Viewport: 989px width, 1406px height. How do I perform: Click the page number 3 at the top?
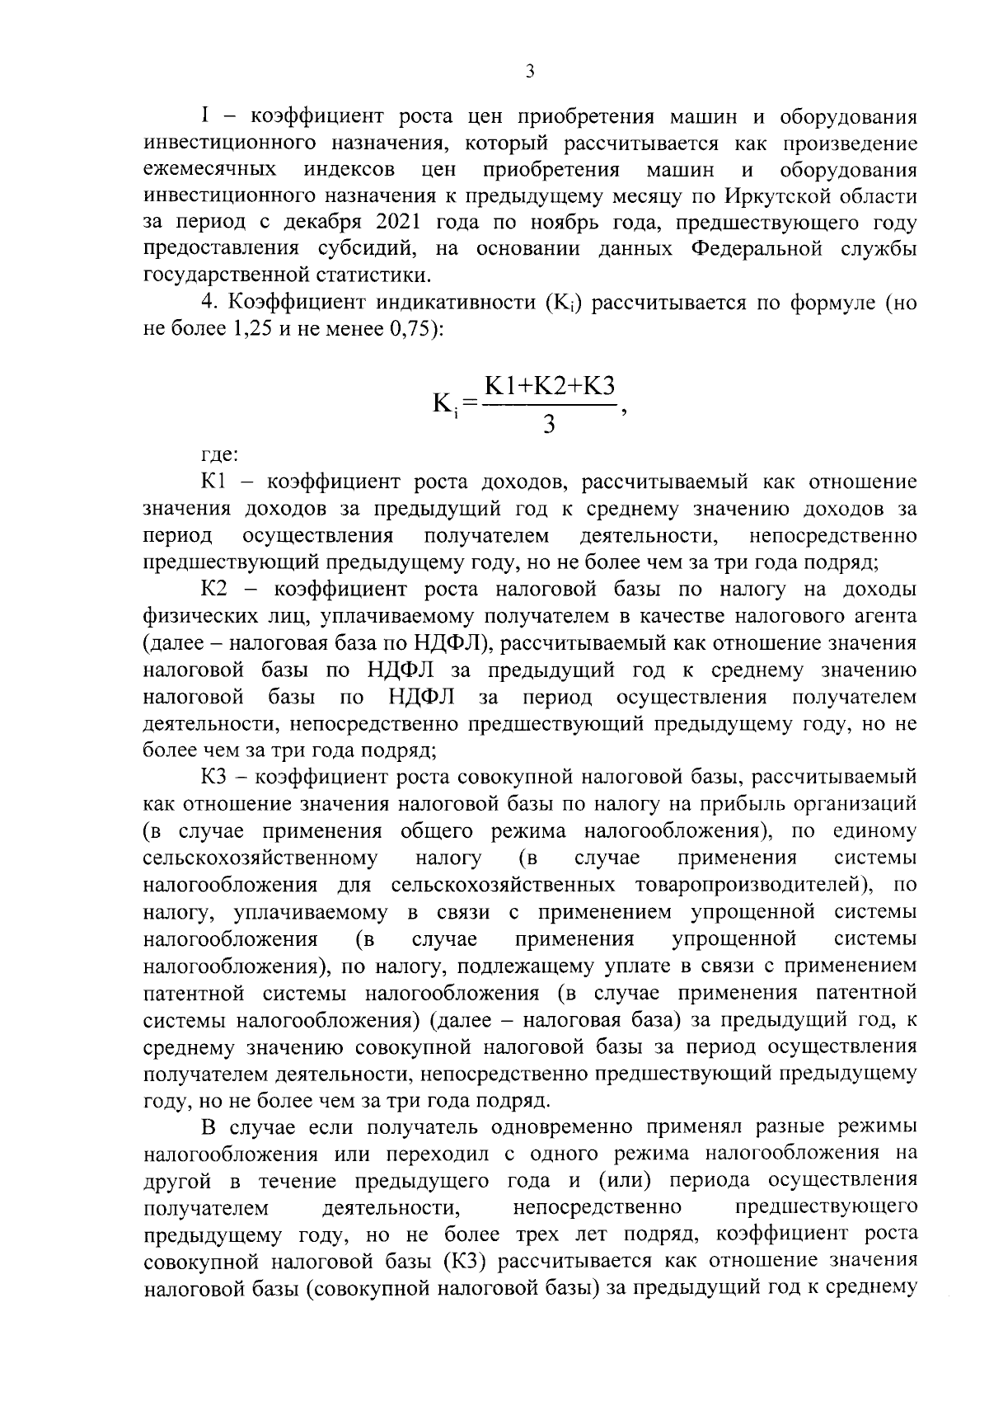pos(530,72)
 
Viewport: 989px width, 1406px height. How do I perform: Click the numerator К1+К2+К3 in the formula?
pos(550,386)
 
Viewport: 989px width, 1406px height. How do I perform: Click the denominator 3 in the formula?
pos(549,426)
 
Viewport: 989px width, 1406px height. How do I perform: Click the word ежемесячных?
pos(210,171)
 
